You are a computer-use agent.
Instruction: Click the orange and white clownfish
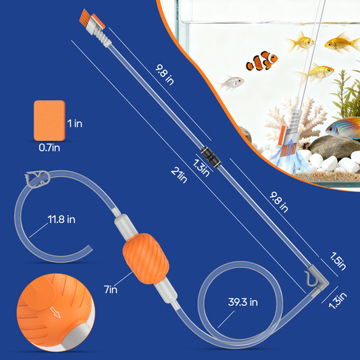[261, 62]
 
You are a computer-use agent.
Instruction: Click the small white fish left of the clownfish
[230, 83]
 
